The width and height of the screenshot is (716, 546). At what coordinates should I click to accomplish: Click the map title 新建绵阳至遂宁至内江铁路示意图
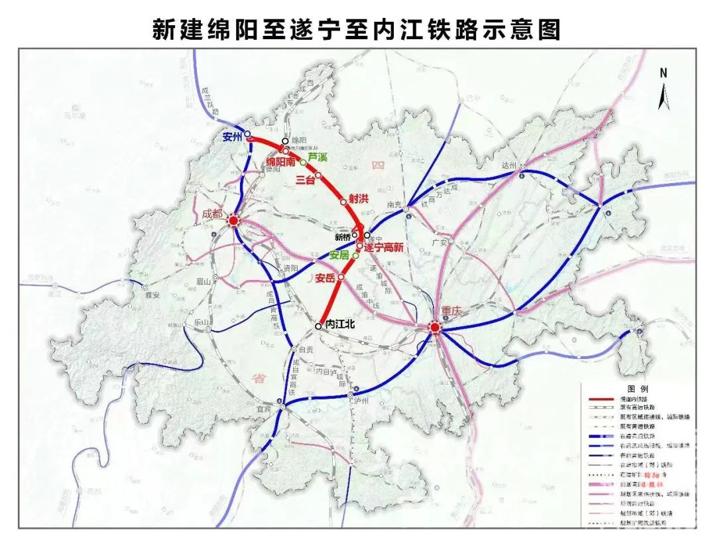click(357, 29)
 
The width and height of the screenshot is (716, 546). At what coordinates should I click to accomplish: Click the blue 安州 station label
click(233, 138)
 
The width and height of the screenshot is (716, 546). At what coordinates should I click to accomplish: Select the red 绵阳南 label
click(281, 161)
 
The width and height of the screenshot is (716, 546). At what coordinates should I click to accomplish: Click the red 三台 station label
click(304, 180)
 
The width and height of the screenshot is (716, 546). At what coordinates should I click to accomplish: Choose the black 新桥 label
click(342, 236)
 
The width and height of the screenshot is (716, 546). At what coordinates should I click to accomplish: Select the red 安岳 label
click(326, 277)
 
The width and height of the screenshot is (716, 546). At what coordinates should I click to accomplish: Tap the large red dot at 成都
click(233, 222)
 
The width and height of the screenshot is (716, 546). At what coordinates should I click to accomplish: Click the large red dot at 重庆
click(434, 327)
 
